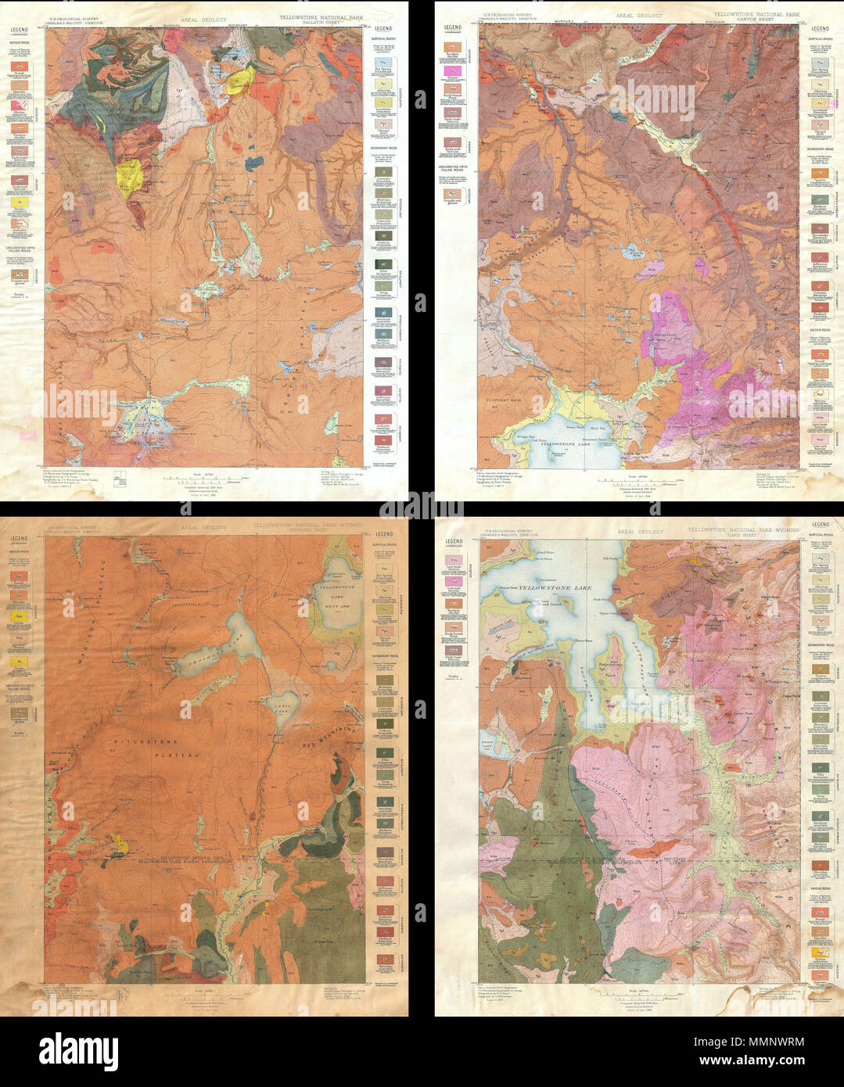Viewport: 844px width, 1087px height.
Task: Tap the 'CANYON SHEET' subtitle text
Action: [751, 20]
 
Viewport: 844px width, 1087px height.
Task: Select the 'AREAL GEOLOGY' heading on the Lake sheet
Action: [639, 531]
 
